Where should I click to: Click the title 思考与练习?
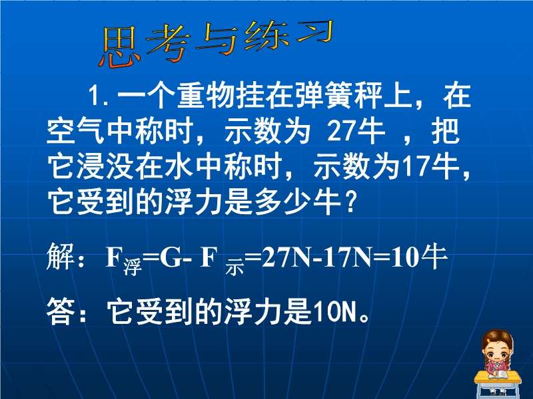tap(216, 43)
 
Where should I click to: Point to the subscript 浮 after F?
tap(133, 267)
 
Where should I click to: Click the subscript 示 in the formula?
tap(235, 267)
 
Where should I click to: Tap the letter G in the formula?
tap(171, 258)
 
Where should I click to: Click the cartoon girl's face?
tap(496, 354)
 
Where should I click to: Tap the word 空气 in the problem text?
tap(75, 131)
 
